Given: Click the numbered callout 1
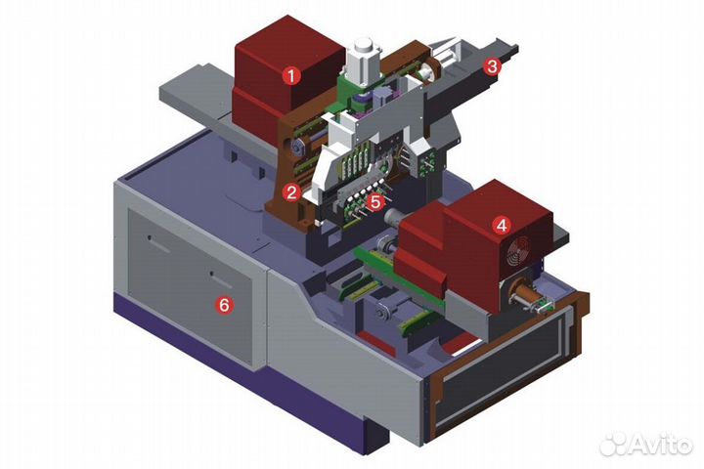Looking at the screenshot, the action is pyautogui.click(x=291, y=76).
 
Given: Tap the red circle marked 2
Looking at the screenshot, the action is pyautogui.click(x=291, y=192).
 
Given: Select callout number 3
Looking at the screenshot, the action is pyautogui.click(x=492, y=66).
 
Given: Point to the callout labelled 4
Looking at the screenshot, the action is pyautogui.click(x=502, y=225).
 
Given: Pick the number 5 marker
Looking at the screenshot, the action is pyautogui.click(x=374, y=201).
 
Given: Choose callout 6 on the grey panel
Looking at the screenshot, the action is pyautogui.click(x=224, y=305).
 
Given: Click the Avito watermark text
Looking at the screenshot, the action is pyautogui.click(x=661, y=445).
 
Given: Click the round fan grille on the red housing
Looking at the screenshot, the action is pyautogui.click(x=519, y=251).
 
